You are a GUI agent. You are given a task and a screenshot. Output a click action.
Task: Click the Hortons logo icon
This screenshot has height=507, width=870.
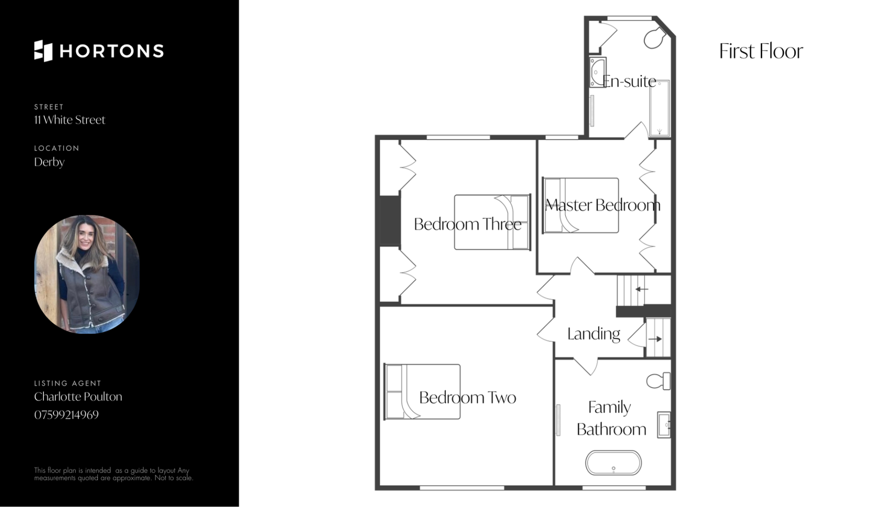[43, 51]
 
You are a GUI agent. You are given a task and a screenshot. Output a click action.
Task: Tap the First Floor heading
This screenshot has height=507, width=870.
[761, 51]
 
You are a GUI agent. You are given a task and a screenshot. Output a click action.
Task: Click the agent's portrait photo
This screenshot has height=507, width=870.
[87, 274]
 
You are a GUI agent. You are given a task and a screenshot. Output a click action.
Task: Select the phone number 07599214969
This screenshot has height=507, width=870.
[66, 415]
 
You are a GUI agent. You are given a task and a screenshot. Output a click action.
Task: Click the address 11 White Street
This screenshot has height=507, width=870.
[69, 120]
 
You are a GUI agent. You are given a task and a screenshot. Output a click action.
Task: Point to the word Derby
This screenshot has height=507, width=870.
[49, 162]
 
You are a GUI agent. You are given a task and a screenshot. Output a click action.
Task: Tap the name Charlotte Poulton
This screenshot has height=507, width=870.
[78, 396]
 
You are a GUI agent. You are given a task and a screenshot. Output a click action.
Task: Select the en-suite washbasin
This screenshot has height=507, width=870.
[598, 72]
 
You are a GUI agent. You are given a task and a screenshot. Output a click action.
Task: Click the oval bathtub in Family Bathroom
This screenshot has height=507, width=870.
[614, 463]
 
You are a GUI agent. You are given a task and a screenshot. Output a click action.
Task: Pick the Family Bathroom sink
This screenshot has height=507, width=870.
[664, 425]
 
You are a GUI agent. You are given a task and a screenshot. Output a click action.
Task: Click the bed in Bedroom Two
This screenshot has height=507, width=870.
[422, 392]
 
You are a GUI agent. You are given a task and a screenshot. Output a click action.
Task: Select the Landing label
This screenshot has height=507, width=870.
[594, 334]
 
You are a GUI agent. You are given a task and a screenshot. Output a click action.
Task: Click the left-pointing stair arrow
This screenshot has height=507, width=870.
[642, 289]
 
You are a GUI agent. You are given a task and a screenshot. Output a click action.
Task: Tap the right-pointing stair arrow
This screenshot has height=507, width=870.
[655, 339]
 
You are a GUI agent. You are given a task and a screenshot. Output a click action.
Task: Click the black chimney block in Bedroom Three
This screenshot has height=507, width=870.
[390, 221]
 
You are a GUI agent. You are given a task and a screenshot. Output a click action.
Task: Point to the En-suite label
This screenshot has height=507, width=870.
[629, 82]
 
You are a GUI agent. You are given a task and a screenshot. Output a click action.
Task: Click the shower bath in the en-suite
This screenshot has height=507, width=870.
[659, 109]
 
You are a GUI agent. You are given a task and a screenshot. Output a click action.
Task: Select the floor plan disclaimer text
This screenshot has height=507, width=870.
[113, 474]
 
